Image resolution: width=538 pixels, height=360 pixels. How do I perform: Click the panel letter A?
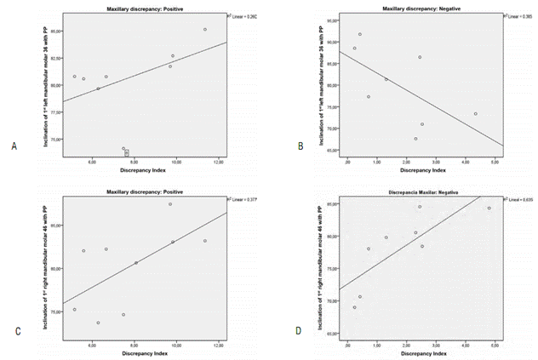pos(14,146)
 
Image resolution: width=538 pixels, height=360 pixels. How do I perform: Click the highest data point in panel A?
pos(205,30)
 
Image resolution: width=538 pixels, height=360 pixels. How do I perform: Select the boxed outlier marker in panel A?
pos(127,153)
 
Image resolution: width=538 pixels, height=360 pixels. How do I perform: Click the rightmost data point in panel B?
pos(475,113)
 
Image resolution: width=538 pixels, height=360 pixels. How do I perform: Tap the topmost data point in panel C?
pos(170,204)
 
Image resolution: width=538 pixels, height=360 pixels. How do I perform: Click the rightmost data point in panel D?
pos(489,209)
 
